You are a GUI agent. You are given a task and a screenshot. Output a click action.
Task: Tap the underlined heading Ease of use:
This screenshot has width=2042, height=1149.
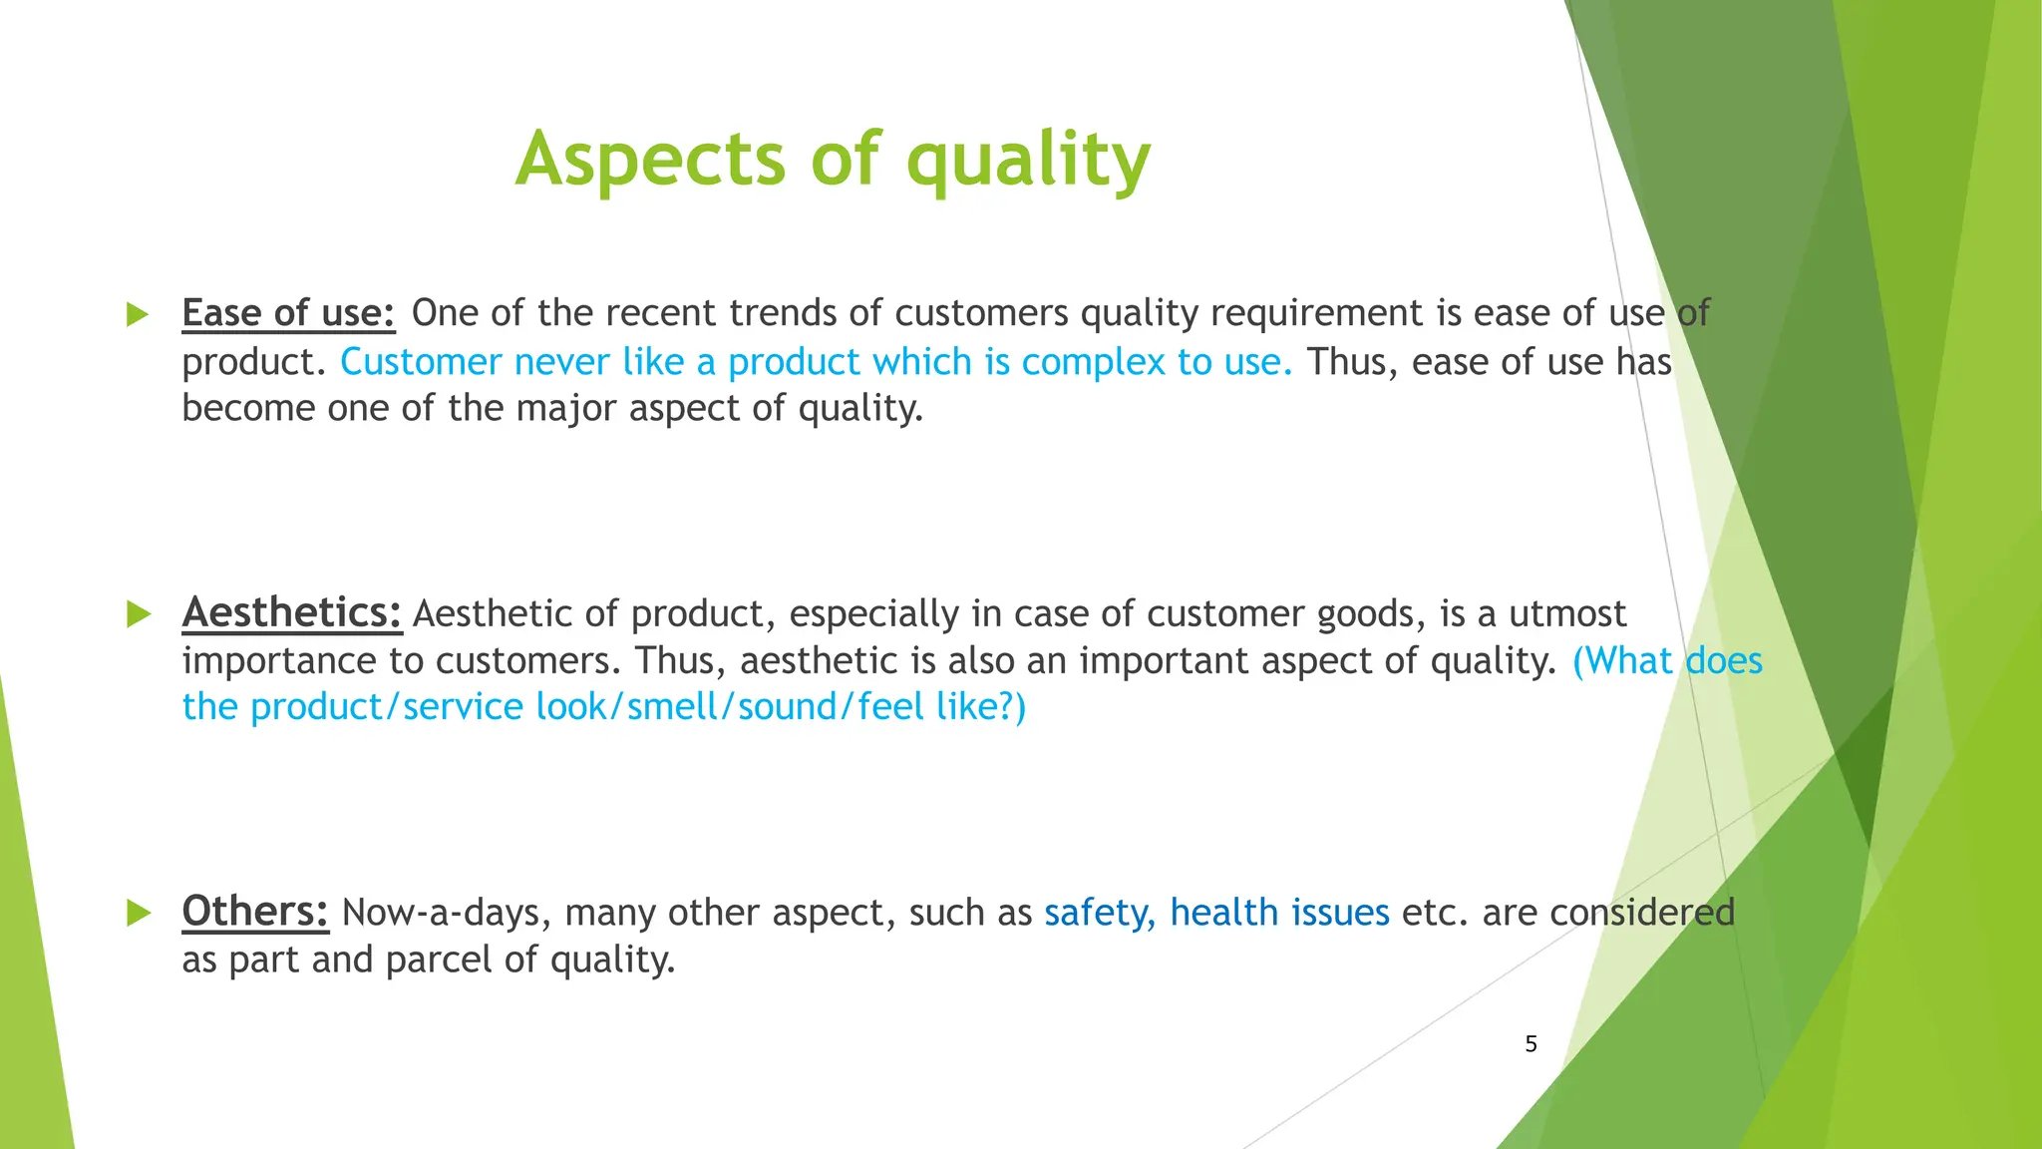click(288, 313)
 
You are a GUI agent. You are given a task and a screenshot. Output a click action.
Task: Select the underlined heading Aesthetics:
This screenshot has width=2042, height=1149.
click(291, 612)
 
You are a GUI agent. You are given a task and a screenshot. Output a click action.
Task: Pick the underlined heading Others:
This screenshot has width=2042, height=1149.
click(255, 912)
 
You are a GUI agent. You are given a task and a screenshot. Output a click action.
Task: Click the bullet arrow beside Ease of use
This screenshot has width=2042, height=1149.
click(138, 315)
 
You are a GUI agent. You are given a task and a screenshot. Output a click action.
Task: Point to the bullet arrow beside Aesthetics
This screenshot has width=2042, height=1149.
click(138, 614)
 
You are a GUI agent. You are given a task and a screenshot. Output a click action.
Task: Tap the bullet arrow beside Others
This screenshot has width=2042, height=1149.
click(138, 913)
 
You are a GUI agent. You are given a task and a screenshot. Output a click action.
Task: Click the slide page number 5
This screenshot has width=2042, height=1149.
click(1531, 1044)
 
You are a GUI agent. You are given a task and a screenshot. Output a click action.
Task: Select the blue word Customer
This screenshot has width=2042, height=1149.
click(421, 362)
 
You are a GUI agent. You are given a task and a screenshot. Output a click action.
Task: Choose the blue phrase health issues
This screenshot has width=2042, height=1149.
click(1279, 913)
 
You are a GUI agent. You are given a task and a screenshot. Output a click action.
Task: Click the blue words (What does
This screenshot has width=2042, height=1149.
click(1666, 661)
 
